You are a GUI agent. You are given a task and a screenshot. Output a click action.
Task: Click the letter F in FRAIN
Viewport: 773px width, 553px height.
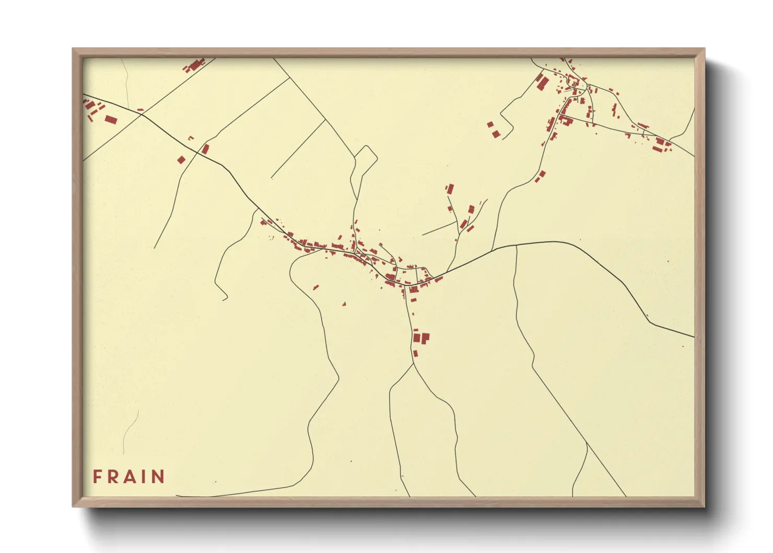click(x=97, y=476)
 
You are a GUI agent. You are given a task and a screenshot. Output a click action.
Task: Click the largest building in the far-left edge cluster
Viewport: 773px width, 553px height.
click(x=110, y=120)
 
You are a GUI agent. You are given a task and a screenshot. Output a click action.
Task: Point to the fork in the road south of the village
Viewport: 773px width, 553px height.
click(x=414, y=364)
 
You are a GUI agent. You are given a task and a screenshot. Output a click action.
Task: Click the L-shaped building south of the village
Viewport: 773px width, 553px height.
click(x=422, y=338)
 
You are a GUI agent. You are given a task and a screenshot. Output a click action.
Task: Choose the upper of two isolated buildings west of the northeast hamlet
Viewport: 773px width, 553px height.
click(x=490, y=124)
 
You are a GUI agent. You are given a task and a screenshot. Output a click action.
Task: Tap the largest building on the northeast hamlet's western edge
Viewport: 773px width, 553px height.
click(x=542, y=82)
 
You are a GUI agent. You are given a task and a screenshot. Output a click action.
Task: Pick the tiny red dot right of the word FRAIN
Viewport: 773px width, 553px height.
click(x=215, y=481)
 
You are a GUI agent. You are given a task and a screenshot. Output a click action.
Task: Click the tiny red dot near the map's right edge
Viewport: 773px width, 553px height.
click(x=683, y=346)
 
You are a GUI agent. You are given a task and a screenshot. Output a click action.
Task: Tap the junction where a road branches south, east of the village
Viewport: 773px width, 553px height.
click(x=516, y=245)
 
